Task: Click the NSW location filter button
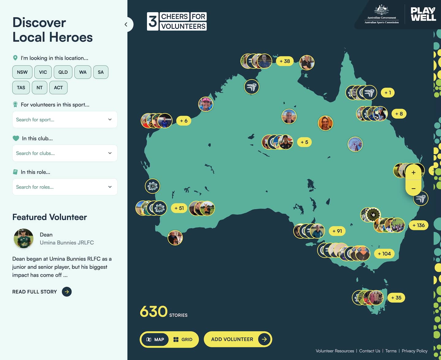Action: [22, 72]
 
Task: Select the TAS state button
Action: [21, 87]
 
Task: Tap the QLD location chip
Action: [63, 72]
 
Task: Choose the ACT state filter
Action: [58, 87]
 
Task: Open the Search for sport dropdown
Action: [65, 119]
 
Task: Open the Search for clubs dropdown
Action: [65, 153]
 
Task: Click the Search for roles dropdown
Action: [65, 187]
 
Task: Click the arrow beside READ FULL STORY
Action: [67, 292]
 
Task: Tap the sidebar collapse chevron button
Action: [126, 24]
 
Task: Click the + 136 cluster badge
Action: [418, 225]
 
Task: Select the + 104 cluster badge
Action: [384, 254]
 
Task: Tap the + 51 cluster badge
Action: [179, 208]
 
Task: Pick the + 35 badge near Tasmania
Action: [396, 298]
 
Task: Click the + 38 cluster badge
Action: [285, 61]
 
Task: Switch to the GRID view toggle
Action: [183, 340]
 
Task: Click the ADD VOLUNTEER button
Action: [238, 339]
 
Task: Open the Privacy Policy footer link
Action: [414, 351]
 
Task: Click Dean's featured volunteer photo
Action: [24, 238]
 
